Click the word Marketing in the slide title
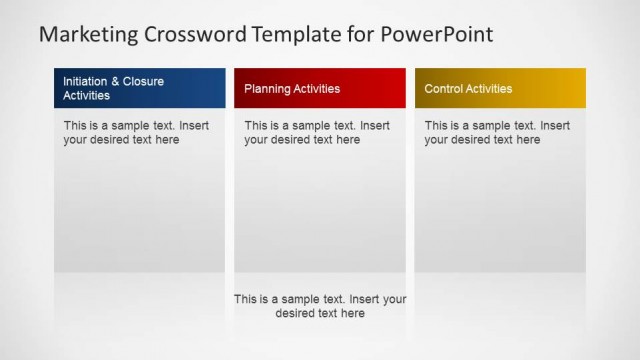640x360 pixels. coord(88,35)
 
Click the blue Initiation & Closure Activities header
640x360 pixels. coord(139,88)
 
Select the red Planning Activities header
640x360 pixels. coord(320,88)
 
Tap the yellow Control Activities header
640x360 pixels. coord(500,88)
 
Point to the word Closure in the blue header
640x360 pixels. coord(143,81)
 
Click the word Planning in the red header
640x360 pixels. coord(267,89)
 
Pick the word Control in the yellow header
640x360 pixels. coord(443,89)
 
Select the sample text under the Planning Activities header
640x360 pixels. coord(317,133)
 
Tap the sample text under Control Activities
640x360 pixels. coord(497,133)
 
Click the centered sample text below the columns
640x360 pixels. coord(320,306)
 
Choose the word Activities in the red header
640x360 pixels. coord(317,89)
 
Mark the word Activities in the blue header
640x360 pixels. coord(87,96)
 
